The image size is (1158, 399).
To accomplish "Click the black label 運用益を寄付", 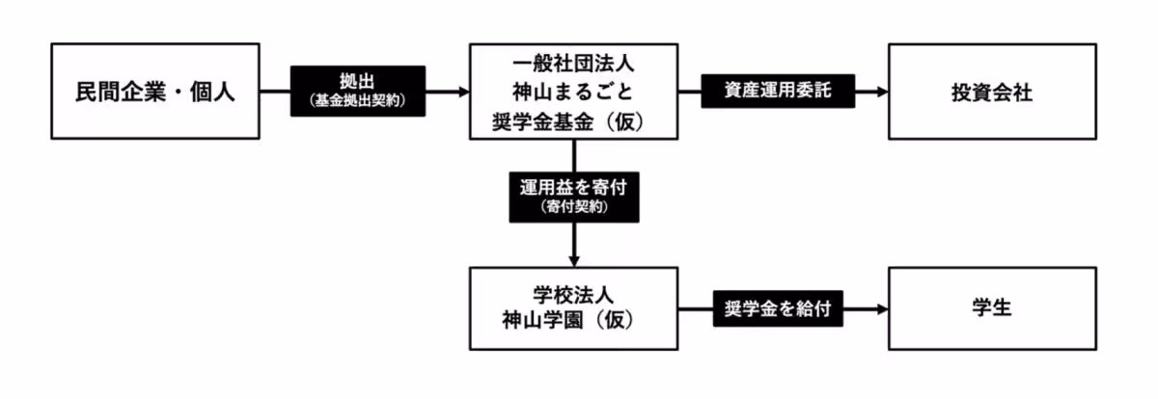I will point(575,197).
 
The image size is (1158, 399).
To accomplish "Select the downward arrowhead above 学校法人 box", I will point(575,260).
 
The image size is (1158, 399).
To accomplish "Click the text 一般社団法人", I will point(573,66).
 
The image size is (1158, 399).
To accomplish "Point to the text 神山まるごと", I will point(573,93).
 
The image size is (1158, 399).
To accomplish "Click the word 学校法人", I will point(574,295).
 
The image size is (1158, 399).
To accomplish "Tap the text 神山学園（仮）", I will point(574,322).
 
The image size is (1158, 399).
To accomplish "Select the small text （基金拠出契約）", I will point(357,101).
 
